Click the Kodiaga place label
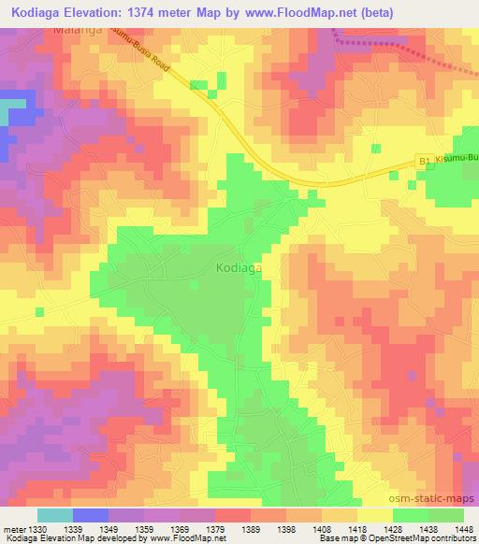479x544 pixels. pyautogui.click(x=238, y=267)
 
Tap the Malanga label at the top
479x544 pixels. pyautogui.click(x=78, y=30)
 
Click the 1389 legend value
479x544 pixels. pyautogui.click(x=251, y=529)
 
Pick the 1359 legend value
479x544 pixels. pyautogui.click(x=144, y=529)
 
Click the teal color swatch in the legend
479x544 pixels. pyautogui.click(x=55, y=515)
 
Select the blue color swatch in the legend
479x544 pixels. pyautogui.click(x=91, y=515)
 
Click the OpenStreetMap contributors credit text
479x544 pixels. pyautogui.click(x=418, y=538)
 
